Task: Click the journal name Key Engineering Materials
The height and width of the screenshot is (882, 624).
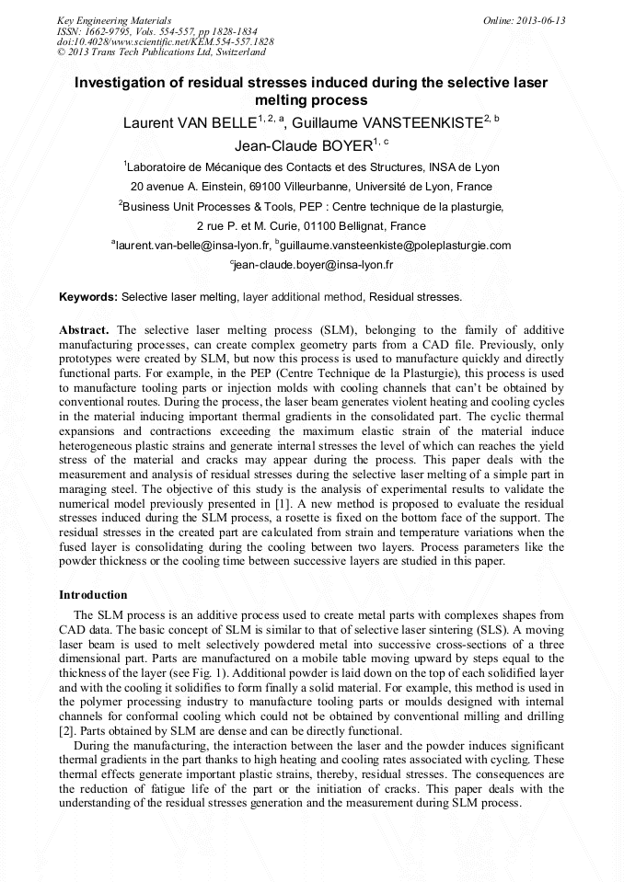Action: pyautogui.click(x=113, y=19)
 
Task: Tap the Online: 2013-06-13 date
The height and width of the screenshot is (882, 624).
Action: pyautogui.click(x=524, y=19)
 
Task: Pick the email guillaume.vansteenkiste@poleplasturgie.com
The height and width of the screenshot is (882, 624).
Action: pyautogui.click(x=395, y=246)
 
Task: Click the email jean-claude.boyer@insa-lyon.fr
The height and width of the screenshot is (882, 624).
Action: pyautogui.click(x=313, y=265)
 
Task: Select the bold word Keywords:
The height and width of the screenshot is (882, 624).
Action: pyautogui.click(x=88, y=298)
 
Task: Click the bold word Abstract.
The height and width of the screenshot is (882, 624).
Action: pyautogui.click(x=85, y=329)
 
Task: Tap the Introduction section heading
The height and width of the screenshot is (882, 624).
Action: pyautogui.click(x=93, y=595)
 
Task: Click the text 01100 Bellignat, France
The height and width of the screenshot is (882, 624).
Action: pyautogui.click(x=364, y=225)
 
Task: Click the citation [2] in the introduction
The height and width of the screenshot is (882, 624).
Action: pyautogui.click(x=65, y=731)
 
